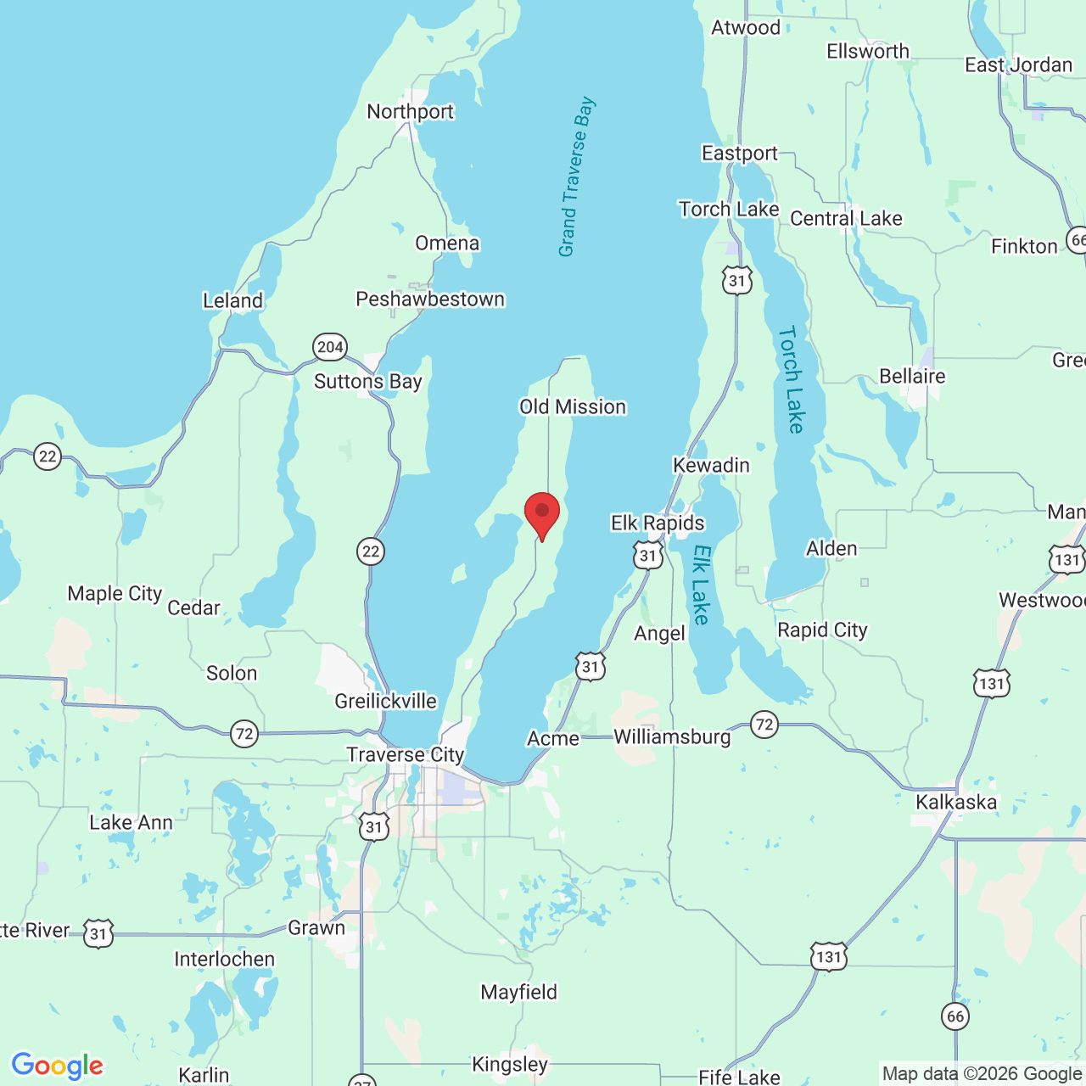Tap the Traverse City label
(406, 754)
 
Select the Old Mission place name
(573, 407)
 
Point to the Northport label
(411, 112)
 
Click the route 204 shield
(329, 346)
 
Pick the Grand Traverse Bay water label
(576, 176)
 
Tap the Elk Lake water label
(701, 585)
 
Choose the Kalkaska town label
(956, 802)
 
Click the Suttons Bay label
(368, 382)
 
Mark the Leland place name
(232, 301)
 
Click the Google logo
(58, 1065)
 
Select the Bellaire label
(912, 376)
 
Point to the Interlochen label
(225, 959)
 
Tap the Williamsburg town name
(672, 736)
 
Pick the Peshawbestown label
(430, 299)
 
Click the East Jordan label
(1018, 65)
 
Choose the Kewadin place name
(711, 465)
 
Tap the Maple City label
(115, 593)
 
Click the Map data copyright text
(982, 1073)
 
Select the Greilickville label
(385, 701)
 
